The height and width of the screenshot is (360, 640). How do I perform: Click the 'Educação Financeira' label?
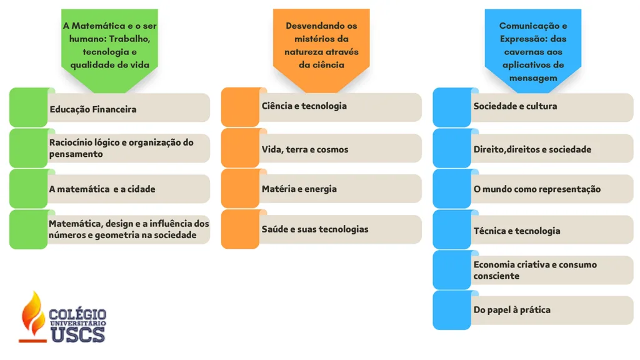[93, 109]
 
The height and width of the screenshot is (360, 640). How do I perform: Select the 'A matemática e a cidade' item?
[102, 189]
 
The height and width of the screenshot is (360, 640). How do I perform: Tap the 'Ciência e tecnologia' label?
[304, 106]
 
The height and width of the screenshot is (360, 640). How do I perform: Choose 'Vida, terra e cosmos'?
[305, 149]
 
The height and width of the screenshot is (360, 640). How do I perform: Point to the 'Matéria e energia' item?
[299, 189]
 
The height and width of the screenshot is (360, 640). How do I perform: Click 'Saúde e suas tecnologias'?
[315, 229]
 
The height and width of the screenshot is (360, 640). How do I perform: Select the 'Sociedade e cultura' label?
[515, 106]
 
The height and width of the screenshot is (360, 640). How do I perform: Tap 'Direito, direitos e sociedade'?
[532, 149]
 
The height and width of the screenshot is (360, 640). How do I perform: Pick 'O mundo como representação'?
[537, 189]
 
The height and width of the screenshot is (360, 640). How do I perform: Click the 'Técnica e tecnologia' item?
[517, 231]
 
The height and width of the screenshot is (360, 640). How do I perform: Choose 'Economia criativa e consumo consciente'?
[535, 270]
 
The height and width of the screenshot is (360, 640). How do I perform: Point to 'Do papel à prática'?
[512, 310]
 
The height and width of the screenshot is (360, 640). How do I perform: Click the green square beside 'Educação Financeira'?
[29, 107]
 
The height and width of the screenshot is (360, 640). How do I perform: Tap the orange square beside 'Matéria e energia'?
[240, 189]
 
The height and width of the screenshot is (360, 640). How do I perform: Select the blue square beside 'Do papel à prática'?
[452, 310]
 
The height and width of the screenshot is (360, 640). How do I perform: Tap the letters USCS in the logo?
[78, 335]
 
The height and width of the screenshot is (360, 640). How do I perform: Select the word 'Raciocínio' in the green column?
[70, 142]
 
